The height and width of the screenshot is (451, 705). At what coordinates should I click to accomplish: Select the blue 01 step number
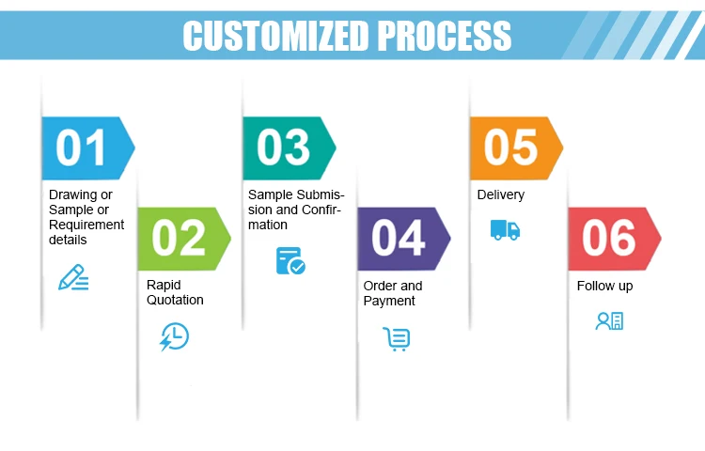click(82, 148)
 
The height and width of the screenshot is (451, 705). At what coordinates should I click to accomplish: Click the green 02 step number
click(179, 238)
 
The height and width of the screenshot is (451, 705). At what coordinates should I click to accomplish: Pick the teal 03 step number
click(283, 148)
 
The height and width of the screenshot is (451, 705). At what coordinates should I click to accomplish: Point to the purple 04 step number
click(399, 238)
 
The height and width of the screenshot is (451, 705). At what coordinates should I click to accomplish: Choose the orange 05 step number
click(510, 148)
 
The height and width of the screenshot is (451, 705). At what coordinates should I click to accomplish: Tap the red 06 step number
click(608, 238)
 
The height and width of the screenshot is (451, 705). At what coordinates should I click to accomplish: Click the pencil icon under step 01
click(73, 277)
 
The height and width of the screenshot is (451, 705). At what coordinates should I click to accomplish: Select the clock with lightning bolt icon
click(174, 336)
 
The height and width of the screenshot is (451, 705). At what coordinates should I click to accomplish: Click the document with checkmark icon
click(290, 260)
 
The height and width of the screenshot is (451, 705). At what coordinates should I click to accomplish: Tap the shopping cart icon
click(397, 338)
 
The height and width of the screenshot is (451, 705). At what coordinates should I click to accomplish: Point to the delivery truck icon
click(505, 229)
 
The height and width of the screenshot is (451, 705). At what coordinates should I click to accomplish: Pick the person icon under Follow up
click(609, 320)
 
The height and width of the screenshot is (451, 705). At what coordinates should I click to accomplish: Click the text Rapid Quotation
click(175, 292)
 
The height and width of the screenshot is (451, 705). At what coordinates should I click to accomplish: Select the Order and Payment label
click(393, 292)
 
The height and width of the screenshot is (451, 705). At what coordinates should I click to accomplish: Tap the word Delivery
click(501, 194)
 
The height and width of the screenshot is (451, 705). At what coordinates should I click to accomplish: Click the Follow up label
click(604, 286)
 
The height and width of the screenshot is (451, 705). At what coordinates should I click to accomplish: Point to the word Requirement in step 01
click(86, 225)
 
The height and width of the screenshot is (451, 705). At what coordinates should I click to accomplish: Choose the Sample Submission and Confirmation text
click(295, 210)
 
